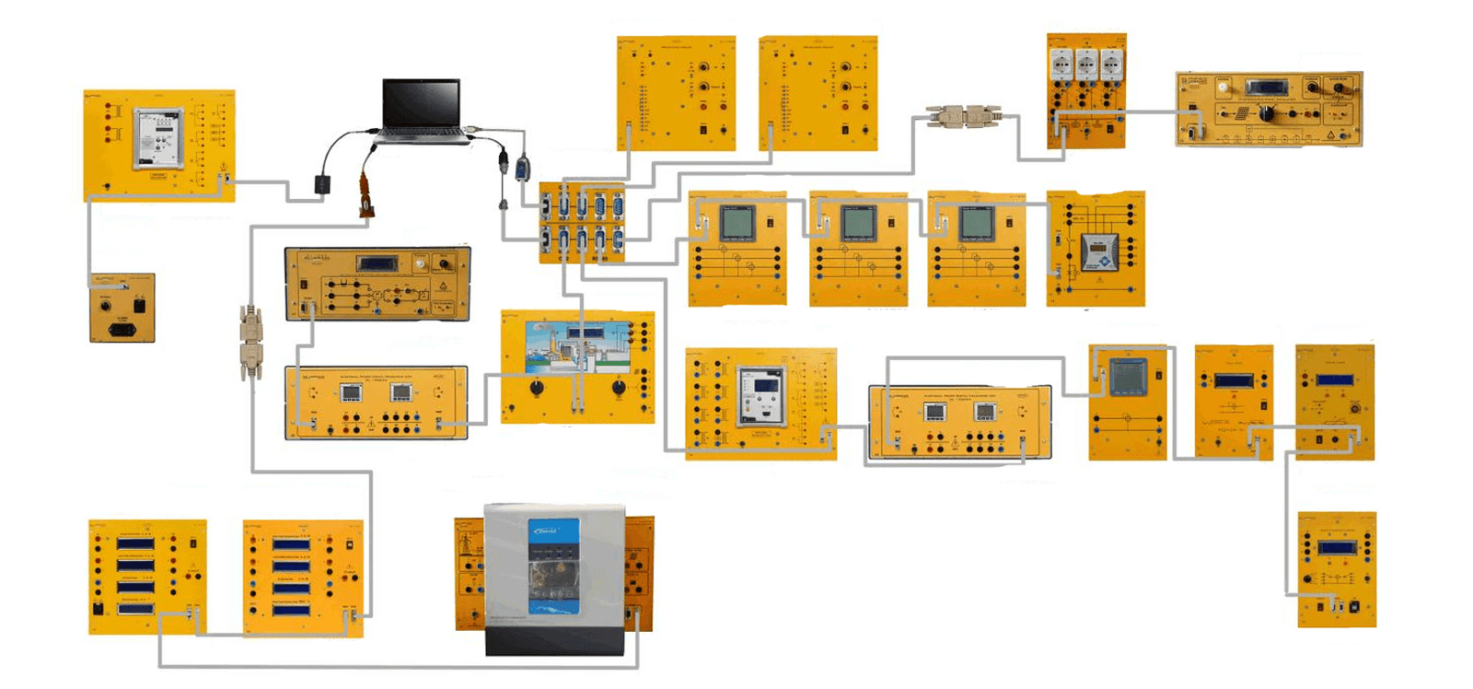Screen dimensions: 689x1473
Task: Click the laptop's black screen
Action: tap(421, 103)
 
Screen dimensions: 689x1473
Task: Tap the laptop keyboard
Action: tap(422, 134)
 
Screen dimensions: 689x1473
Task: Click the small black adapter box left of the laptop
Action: tap(321, 184)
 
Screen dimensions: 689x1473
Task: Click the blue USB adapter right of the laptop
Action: tap(522, 169)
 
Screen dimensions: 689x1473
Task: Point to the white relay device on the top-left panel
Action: tap(157, 138)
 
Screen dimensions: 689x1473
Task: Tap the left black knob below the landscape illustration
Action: tap(536, 388)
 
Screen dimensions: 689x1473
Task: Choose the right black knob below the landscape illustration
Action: tap(619, 388)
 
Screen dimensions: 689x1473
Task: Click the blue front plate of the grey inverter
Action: tap(554, 562)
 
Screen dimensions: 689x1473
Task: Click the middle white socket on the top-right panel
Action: tap(1086, 64)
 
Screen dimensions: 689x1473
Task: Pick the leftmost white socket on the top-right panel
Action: tap(1061, 64)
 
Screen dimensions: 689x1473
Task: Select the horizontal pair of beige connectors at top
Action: tap(963, 116)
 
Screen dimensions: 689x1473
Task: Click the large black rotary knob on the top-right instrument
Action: tap(1268, 114)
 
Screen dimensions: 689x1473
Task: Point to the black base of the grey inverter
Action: tap(554, 641)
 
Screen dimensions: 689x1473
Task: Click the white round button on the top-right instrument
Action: tap(1223, 88)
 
